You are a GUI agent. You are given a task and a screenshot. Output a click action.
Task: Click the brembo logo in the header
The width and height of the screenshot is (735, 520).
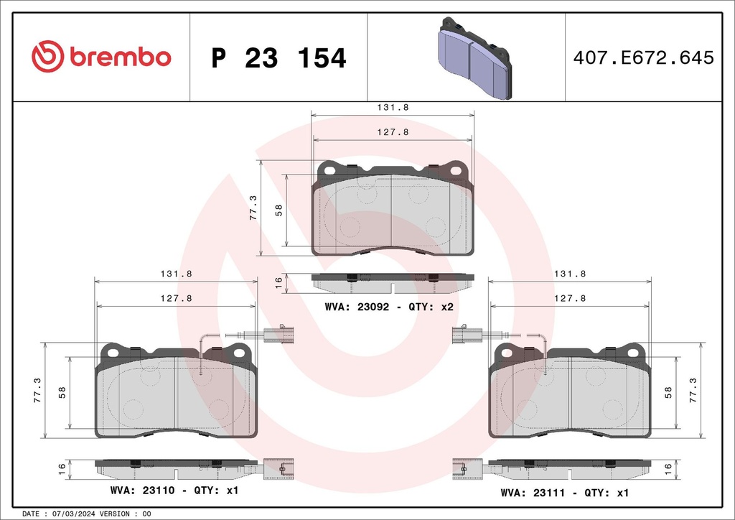pos(101,57)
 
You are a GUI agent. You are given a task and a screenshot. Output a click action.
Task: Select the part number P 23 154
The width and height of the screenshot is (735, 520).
pos(279,58)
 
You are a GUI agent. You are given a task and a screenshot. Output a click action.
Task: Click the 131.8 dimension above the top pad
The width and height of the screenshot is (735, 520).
pos(393,107)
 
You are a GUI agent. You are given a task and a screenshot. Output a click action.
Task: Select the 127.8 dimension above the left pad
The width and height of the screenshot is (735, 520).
pos(177,298)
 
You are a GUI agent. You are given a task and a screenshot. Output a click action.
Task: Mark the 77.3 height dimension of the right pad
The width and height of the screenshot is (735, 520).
pos(693,390)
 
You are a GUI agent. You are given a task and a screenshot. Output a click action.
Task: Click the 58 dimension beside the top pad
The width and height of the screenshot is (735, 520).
pos(278,210)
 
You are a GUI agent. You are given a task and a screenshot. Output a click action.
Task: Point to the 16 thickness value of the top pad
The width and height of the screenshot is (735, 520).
pos(278,283)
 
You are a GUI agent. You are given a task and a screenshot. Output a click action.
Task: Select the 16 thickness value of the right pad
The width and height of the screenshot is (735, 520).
pos(668,468)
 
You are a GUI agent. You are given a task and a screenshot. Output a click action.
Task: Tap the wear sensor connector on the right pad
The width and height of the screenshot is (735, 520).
pos(462,333)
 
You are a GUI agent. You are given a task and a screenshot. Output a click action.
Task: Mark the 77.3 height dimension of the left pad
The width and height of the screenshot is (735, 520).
pos(38,390)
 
